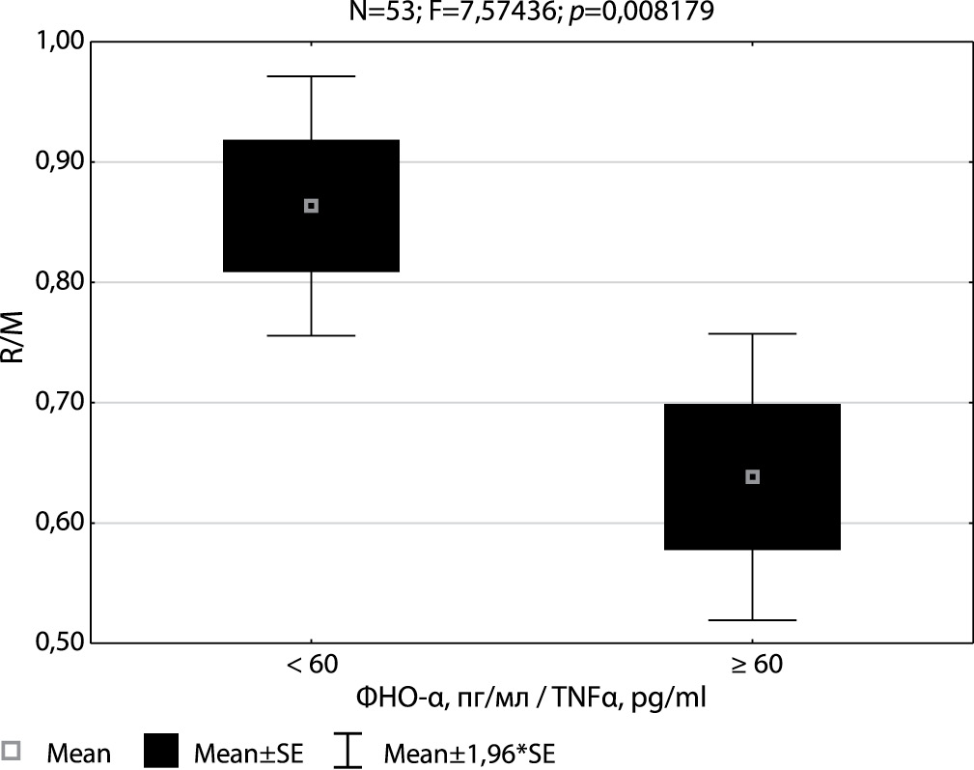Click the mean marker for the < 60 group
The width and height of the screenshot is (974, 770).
(x=311, y=206)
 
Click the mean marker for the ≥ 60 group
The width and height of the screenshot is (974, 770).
(x=753, y=476)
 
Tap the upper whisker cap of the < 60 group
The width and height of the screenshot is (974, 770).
(x=311, y=76)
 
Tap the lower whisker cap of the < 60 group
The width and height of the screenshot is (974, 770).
(x=311, y=335)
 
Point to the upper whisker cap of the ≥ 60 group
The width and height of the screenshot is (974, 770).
(x=753, y=333)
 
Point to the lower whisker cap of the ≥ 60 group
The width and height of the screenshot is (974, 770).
(x=753, y=619)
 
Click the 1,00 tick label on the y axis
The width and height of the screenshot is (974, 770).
(x=59, y=42)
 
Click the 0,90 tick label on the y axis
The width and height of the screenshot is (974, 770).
(x=59, y=162)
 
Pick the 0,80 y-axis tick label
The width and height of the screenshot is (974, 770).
(x=59, y=282)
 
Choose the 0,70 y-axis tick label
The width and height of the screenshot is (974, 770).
(x=59, y=402)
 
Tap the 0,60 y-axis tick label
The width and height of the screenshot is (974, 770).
(x=59, y=523)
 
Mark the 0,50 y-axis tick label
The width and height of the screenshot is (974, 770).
(x=59, y=642)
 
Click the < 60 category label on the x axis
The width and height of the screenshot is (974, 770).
(x=311, y=665)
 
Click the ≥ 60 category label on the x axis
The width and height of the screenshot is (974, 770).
(x=753, y=665)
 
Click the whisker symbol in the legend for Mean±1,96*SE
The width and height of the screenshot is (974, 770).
(x=348, y=750)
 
